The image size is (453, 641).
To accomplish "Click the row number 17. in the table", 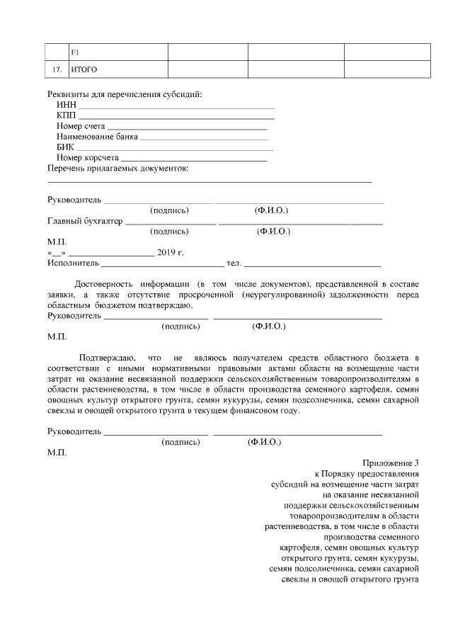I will [57, 69].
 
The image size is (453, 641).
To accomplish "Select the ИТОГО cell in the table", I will [84, 69].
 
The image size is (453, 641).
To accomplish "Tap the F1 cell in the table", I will [74, 52].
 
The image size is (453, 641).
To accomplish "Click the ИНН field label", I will [66, 105].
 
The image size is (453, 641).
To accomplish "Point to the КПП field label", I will [67, 115].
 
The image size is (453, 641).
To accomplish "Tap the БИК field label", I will [65, 147].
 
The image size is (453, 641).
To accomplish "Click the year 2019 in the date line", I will [166, 252].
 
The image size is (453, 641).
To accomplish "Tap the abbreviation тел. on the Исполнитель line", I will [234, 263].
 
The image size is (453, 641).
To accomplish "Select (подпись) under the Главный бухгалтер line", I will [170, 231].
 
